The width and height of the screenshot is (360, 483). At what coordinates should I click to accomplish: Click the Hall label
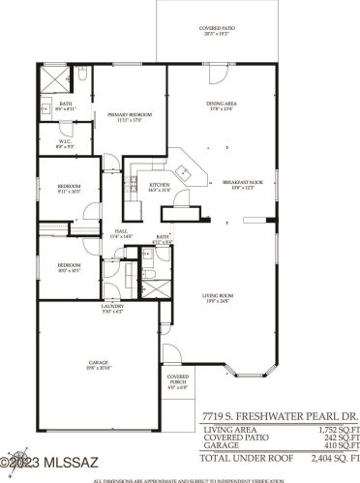click(x=121, y=232)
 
